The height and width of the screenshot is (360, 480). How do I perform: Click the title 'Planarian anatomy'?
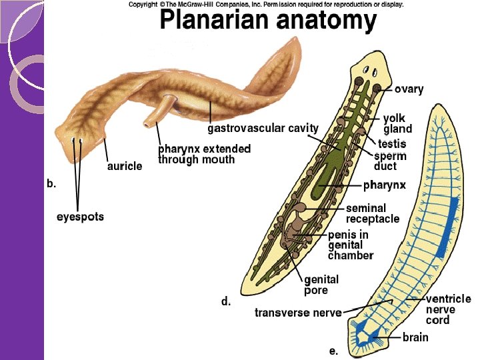click(268, 22)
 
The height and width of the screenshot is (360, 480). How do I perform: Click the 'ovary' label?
click(409, 89)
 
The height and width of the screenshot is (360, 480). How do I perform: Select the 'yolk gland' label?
click(397, 123)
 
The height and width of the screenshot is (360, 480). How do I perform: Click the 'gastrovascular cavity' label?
click(263, 127)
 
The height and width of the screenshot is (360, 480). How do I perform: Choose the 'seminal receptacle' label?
click(372, 213)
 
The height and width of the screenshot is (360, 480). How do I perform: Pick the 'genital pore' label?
click(321, 285)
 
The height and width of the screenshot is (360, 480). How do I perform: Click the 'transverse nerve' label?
click(298, 313)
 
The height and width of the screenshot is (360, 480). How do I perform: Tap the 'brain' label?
click(415, 337)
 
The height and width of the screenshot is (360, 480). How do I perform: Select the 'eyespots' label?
click(80, 217)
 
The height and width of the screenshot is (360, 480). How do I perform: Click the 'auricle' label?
click(125, 166)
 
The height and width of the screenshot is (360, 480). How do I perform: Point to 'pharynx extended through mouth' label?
click(204, 154)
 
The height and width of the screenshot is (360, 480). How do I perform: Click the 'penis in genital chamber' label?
click(351, 245)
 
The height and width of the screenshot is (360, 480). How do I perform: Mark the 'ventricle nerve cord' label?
click(448, 309)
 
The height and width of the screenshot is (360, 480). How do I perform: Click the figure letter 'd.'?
click(227, 301)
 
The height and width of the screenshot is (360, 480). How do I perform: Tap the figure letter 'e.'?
click(333, 350)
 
